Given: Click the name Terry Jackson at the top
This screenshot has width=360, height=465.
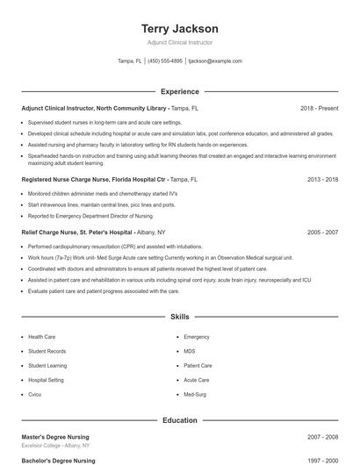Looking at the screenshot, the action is [x=179, y=29].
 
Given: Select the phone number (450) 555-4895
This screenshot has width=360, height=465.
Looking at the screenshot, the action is [x=165, y=61].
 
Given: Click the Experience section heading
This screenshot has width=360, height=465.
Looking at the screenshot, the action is [x=179, y=91].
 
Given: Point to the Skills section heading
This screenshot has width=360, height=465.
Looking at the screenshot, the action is [x=179, y=316].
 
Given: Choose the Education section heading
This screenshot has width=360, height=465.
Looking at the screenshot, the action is [x=179, y=420].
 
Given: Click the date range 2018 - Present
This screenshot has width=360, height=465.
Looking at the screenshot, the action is [x=319, y=108].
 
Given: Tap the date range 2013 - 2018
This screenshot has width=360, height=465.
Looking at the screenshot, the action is [x=322, y=178].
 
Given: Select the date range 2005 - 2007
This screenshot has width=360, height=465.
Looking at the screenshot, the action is [x=322, y=232].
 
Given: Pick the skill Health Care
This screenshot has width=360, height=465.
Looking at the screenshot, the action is [x=41, y=337].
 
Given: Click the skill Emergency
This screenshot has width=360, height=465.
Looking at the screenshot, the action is [x=196, y=337].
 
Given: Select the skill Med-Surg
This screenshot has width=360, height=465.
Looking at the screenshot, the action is [x=194, y=394].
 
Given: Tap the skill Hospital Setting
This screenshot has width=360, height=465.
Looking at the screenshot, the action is [x=46, y=380].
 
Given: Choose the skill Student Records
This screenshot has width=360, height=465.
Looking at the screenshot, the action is [x=47, y=351].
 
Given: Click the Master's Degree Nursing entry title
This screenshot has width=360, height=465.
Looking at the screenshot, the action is [x=54, y=437].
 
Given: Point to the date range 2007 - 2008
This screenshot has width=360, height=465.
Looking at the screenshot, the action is [x=322, y=437].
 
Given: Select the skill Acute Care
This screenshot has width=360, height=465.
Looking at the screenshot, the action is [x=196, y=380].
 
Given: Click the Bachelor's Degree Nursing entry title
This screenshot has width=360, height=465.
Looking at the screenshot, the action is [x=58, y=460].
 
